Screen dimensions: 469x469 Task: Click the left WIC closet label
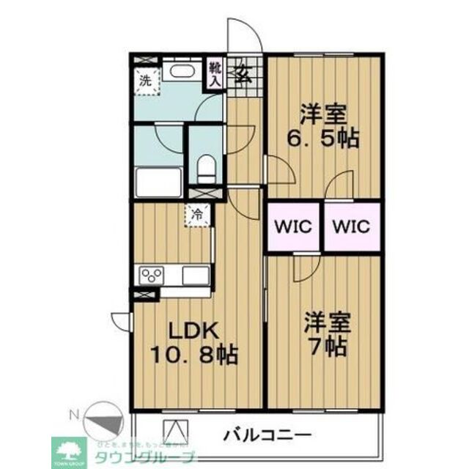294,226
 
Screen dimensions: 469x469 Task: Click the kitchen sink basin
196,276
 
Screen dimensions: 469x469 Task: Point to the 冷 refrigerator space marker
197,215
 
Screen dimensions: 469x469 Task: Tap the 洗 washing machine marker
144,80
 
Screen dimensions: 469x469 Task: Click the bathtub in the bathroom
158,181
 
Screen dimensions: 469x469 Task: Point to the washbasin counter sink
178,73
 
